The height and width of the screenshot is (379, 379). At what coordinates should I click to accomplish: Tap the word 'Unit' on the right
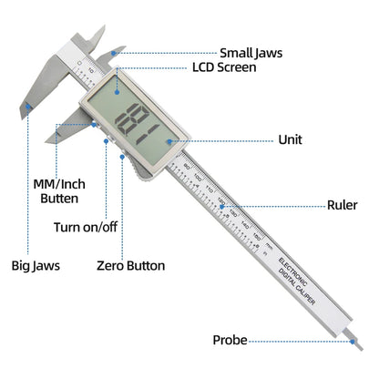click(x=291, y=140)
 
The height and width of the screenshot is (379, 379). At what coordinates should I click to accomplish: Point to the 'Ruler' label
click(x=343, y=206)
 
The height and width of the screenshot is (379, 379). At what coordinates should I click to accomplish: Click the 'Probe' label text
click(x=230, y=339)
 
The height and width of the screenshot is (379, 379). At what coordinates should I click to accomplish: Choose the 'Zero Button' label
click(x=131, y=266)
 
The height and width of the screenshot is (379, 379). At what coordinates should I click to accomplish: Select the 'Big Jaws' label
click(x=36, y=266)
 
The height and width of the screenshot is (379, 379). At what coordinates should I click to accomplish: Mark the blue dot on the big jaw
click(x=29, y=108)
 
